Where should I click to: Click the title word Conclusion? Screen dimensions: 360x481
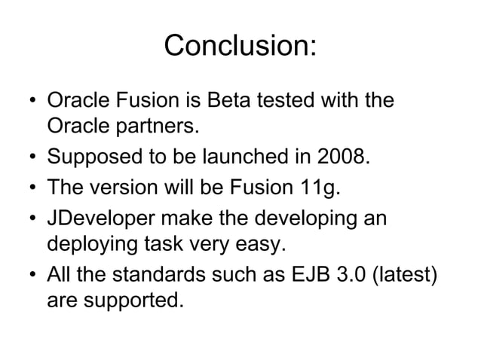(x=240, y=46)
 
